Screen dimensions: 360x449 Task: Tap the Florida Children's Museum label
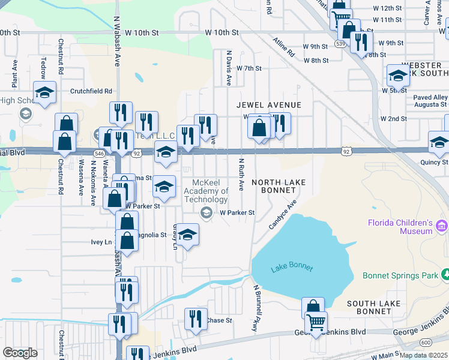pyautogui.click(x=400, y=227)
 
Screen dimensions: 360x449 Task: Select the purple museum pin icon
pyautogui.click(x=442, y=226)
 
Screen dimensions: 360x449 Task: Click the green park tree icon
pyautogui.click(x=446, y=275)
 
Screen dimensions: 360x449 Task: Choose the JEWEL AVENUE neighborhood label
pyautogui.click(x=268, y=104)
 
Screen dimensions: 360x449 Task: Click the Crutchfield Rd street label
pyautogui.click(x=91, y=91)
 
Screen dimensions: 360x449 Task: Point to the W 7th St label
pyautogui.click(x=249, y=68)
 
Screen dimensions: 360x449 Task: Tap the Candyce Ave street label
pyautogui.click(x=283, y=215)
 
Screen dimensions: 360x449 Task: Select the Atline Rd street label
pyautogui.click(x=284, y=47)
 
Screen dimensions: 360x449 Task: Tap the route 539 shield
pyautogui.click(x=340, y=44)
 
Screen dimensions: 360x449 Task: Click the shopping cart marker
pyautogui.click(x=316, y=322)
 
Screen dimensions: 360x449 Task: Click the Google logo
pyautogui.click(x=20, y=353)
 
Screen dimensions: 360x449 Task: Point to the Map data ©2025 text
pyautogui.click(x=423, y=355)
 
